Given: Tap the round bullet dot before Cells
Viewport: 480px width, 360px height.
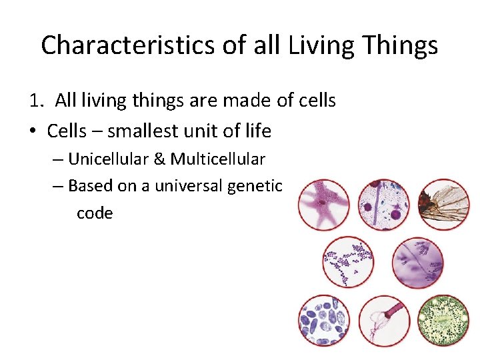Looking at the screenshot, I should pos(33,131).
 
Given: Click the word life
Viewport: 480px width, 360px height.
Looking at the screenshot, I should pos(255,131).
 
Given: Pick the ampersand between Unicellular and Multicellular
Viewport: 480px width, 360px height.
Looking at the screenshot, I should pos(161,159).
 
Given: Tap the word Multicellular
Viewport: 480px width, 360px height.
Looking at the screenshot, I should pos(218,159).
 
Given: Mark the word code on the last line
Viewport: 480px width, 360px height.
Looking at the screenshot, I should pos(95,213).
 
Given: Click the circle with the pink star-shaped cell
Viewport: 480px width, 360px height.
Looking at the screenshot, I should pos(323,204).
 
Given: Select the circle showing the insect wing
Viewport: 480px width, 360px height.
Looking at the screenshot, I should pos(443,204).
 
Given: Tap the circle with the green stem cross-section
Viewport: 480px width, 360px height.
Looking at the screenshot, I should pos(443,321).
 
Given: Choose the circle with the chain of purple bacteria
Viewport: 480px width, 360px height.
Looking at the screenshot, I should pos(348,262).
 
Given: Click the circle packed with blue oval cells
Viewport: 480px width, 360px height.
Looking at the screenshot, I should pos(323,321).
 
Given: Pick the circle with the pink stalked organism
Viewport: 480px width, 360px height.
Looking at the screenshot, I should pos(383,321).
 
